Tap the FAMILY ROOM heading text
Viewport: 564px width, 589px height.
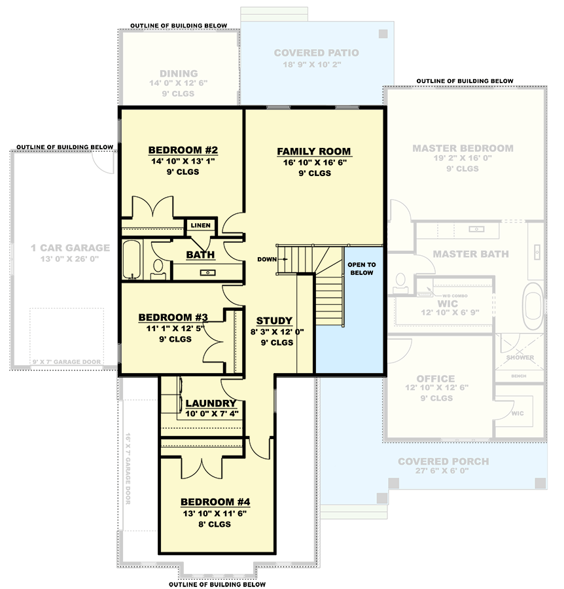313,151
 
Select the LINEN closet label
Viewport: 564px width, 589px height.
200,226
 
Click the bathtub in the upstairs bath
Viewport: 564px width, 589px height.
131,260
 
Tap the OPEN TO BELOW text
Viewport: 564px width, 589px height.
361,268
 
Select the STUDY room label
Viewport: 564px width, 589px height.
274,321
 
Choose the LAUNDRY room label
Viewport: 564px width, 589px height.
211,403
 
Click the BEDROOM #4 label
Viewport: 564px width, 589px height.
216,503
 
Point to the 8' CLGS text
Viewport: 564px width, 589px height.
216,525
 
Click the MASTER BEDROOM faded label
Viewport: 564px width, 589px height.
463,149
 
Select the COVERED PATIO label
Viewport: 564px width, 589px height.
316,53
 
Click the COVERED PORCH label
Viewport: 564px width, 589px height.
443,461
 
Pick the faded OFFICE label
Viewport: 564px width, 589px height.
435,378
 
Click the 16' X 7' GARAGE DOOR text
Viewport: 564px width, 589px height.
128,468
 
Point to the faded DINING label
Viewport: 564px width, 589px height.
179,74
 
